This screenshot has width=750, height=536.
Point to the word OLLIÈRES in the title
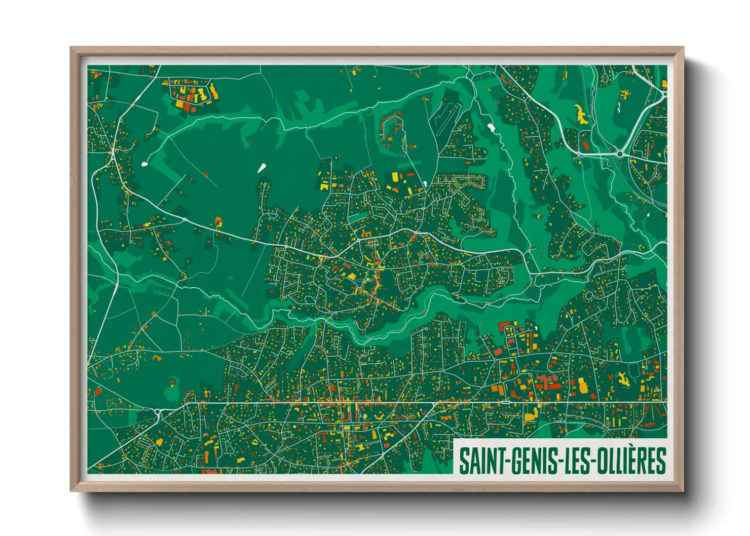point(631,461)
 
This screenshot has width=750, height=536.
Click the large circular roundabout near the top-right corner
point(619,154)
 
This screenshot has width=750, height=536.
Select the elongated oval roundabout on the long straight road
point(505,402)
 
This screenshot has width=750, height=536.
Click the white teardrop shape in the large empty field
point(262,168)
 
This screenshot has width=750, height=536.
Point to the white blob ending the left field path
point(144,164)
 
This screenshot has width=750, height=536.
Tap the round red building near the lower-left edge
point(98,391)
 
